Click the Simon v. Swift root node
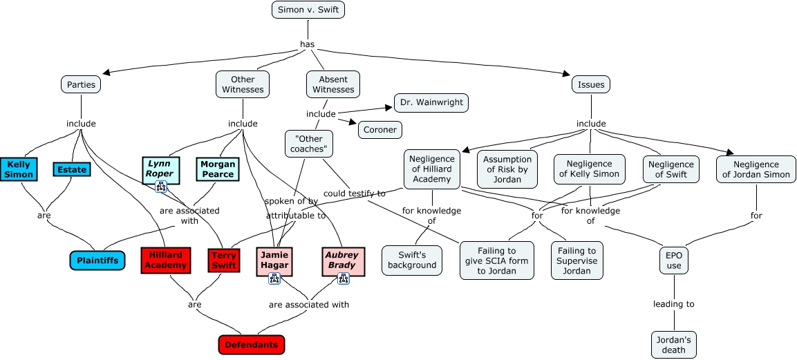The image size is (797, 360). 308,10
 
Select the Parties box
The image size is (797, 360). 81,84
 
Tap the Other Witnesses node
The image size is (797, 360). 243,84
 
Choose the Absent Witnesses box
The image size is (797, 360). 333,84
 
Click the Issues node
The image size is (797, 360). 591,84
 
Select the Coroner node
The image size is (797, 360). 379,129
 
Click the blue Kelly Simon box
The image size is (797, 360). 19,169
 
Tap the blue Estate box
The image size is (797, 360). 72,169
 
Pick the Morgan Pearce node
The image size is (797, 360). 218,169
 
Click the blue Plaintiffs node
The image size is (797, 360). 97,260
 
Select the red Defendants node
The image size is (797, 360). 252,344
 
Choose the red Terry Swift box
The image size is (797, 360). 224,260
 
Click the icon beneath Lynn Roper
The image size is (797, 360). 161,187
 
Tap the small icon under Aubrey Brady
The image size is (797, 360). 343,278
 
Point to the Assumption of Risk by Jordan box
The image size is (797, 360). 507,169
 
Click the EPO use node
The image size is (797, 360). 674,260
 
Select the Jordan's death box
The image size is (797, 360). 674,344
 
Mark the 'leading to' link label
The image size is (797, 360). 674,304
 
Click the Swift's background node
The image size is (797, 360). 412,260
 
